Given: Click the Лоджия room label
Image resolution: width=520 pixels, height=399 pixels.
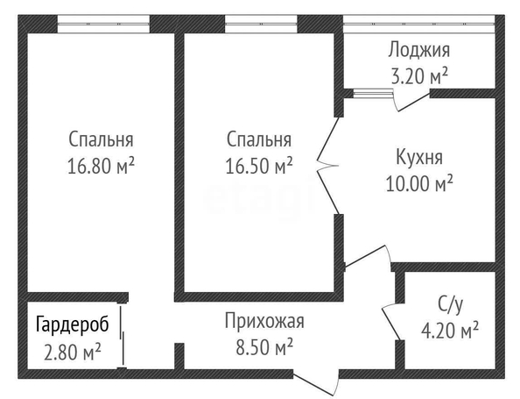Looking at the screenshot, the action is (x=419, y=51).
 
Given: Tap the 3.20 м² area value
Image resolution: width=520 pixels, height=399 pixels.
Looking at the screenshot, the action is (x=420, y=76).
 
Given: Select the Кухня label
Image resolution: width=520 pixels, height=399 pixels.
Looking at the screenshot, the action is (x=419, y=157).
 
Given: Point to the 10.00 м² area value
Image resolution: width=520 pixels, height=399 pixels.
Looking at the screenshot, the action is (x=419, y=183).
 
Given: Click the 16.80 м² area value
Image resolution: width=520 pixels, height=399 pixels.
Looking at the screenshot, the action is (x=102, y=166).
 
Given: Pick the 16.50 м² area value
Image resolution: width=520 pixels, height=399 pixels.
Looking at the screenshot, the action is (x=259, y=166).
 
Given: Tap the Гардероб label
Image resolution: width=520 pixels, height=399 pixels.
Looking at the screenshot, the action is (x=73, y=324).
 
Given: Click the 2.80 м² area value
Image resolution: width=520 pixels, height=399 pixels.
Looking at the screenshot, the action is (x=73, y=353).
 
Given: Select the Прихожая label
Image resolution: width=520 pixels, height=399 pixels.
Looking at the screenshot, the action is (x=264, y=322).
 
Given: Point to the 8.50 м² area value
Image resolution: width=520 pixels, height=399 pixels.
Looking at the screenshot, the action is (x=264, y=347).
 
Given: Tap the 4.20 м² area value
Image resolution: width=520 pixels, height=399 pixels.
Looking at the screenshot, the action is (x=450, y=331).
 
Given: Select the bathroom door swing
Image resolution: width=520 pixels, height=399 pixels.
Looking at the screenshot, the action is (x=391, y=322).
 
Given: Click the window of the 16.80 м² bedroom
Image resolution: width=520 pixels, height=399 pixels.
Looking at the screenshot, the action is (x=103, y=24).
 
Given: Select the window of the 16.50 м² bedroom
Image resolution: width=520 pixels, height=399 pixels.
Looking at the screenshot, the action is (x=261, y=24).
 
